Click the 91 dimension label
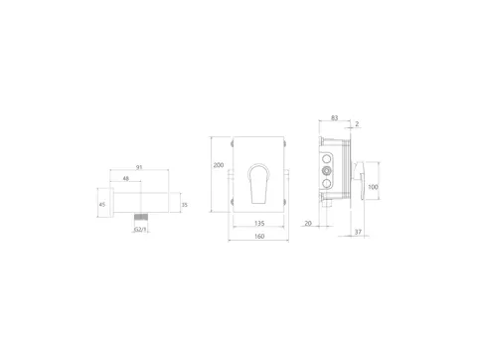(x=139, y=167)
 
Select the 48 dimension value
(x=126, y=178)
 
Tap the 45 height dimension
(x=102, y=205)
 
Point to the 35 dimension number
(x=185, y=205)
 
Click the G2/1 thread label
(x=140, y=230)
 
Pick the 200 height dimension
(x=219, y=165)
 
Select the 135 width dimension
(x=259, y=224)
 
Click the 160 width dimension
(x=259, y=237)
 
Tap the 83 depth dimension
(x=335, y=118)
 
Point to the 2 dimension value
(x=357, y=124)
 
